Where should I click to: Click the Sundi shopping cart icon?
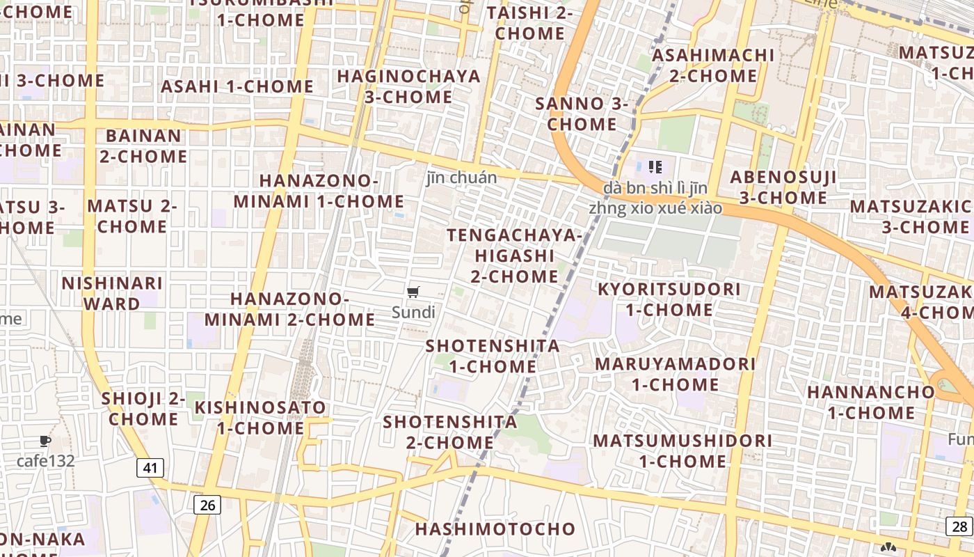[x=413, y=292]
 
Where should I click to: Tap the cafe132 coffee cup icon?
[x=45, y=441]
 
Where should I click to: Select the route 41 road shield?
[x=150, y=468]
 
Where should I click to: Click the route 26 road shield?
[x=207, y=505]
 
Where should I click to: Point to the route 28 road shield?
[x=959, y=526]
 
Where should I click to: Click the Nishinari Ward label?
[x=112, y=294]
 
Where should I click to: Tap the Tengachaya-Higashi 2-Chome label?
[x=514, y=256]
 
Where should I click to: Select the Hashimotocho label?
[x=495, y=529]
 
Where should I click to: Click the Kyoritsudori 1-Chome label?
[x=669, y=299]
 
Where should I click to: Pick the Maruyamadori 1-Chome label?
[x=675, y=374]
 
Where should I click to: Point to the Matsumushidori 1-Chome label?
[x=682, y=450]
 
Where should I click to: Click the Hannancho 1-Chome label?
[x=871, y=402]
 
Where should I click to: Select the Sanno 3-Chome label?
[x=582, y=114]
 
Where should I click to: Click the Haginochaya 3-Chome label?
[x=409, y=86]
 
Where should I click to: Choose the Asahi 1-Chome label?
[x=237, y=86]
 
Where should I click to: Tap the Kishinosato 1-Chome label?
[x=260, y=418]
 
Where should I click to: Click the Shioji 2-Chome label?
[x=143, y=409]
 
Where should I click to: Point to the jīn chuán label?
[x=462, y=178]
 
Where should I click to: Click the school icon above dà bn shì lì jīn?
[x=655, y=166]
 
